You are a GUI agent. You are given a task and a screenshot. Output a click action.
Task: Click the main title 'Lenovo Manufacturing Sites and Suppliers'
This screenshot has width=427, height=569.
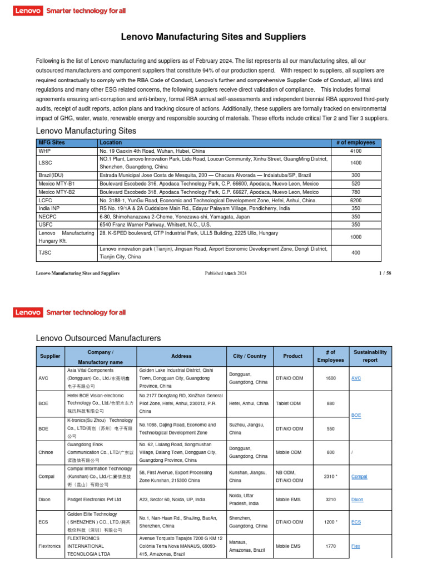pos(213,37)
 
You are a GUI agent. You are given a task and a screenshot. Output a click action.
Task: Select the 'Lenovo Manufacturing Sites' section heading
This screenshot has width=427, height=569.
pos(86,131)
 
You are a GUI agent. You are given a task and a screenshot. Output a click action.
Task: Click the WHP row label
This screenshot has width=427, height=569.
pos(44,151)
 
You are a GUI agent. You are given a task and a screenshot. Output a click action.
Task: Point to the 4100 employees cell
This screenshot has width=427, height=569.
pos(355,151)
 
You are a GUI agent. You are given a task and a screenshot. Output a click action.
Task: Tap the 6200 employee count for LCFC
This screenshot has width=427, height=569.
pos(355,200)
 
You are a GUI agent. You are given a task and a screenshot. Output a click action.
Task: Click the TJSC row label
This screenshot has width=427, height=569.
pos(45,253)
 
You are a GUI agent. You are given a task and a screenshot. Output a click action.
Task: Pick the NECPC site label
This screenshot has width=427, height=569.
pos(48,216)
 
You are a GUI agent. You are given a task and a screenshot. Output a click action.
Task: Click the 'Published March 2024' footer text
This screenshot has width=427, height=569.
pos(226,273)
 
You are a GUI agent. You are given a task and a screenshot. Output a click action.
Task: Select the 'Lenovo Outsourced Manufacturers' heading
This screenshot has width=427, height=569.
pos(98,338)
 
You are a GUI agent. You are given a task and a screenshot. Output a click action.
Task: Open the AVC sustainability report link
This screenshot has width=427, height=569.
pos(356,378)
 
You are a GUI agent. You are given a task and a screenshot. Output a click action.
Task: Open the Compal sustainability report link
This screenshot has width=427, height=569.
pos(359,476)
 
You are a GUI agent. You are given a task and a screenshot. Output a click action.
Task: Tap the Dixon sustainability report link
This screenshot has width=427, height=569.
pos(358,500)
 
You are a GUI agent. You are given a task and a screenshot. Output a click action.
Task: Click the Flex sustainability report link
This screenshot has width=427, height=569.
pos(356,546)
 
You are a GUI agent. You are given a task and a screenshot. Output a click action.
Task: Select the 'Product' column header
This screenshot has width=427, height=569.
pos(292,356)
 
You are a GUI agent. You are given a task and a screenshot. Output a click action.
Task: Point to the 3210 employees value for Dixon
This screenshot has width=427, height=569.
pos(331,500)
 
